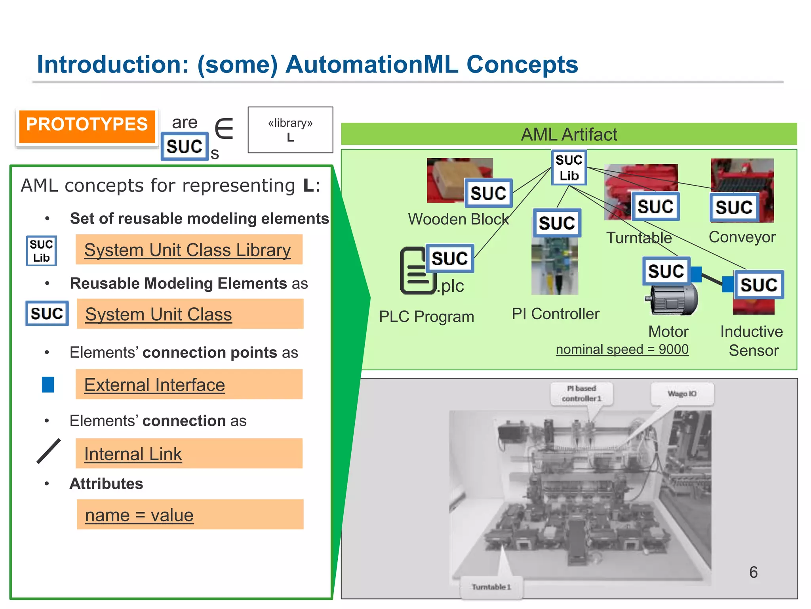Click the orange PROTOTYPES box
pos(87,126)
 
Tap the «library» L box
pos(290,130)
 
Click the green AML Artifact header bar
pos(569,134)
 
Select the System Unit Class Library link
pos(188,250)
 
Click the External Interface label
pos(154,385)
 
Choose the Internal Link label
pos(133,454)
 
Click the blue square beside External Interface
pos(48,385)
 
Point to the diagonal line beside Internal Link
pos(49,451)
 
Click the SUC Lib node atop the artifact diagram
pos(569,168)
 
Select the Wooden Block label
pos(458,219)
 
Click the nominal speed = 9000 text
pos(622,349)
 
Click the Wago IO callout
pos(682,394)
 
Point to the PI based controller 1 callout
pos(582,393)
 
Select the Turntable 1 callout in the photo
pos(491,587)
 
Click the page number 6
pos(753,572)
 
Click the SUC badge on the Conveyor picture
pos(734,207)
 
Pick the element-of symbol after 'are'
pos(224,128)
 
